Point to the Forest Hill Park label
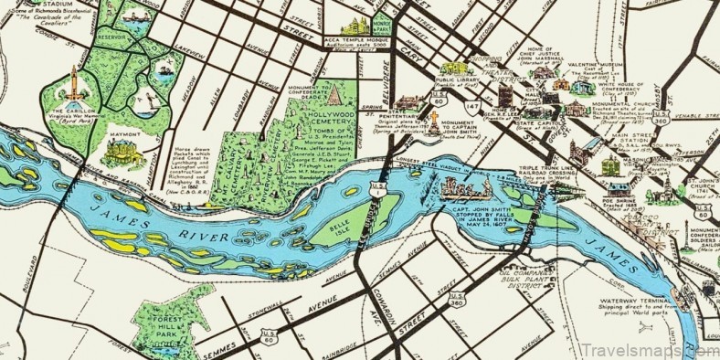point(168,321)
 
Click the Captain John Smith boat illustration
point(462,189)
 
